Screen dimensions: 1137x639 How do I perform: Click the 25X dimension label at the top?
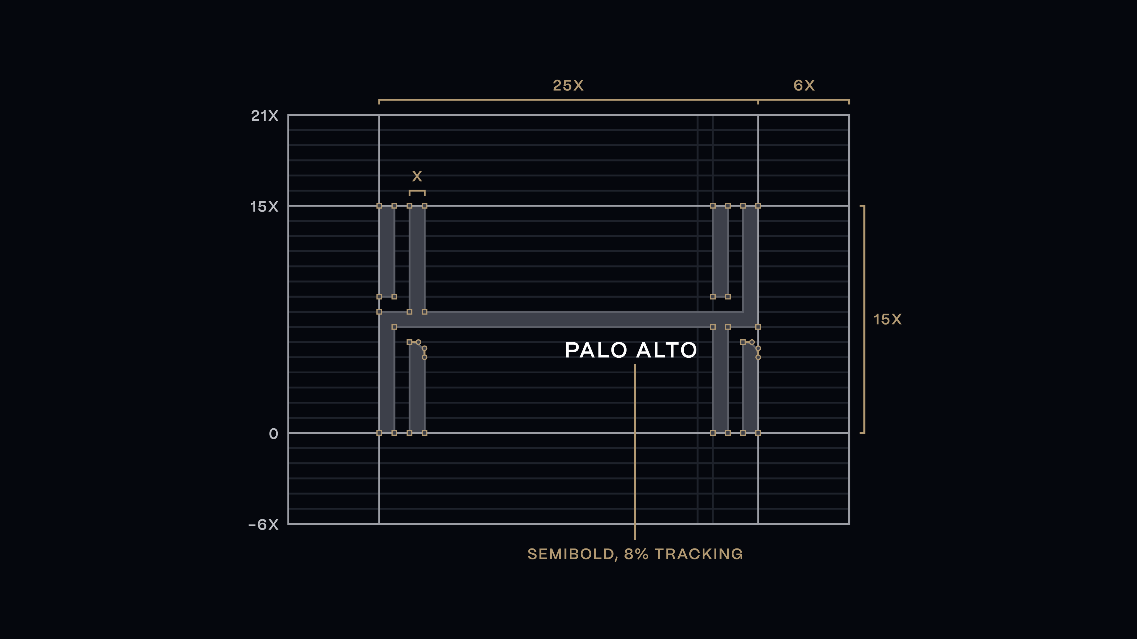[x=568, y=85]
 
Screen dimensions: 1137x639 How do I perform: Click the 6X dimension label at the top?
[x=804, y=85]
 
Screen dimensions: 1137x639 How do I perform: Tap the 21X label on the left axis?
[x=264, y=116]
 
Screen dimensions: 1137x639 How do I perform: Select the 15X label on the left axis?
[x=264, y=206]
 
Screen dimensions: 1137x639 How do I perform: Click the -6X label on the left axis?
[x=264, y=524]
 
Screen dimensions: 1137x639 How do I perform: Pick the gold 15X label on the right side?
[x=887, y=319]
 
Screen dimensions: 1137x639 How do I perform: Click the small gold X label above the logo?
[x=417, y=176]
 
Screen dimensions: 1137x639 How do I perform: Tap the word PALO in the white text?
[x=596, y=350]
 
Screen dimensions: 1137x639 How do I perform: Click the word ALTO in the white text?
[x=667, y=350]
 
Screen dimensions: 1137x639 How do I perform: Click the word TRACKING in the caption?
[x=699, y=554]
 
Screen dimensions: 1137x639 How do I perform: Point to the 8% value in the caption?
[x=636, y=554]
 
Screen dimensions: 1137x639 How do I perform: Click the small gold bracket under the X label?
[x=417, y=191]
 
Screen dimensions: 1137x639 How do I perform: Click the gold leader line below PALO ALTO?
[x=635, y=451]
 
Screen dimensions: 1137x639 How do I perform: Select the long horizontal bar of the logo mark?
[x=568, y=319]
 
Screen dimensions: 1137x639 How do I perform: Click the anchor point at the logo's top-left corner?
[x=379, y=206]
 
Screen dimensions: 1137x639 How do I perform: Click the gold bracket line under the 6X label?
[x=804, y=100]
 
